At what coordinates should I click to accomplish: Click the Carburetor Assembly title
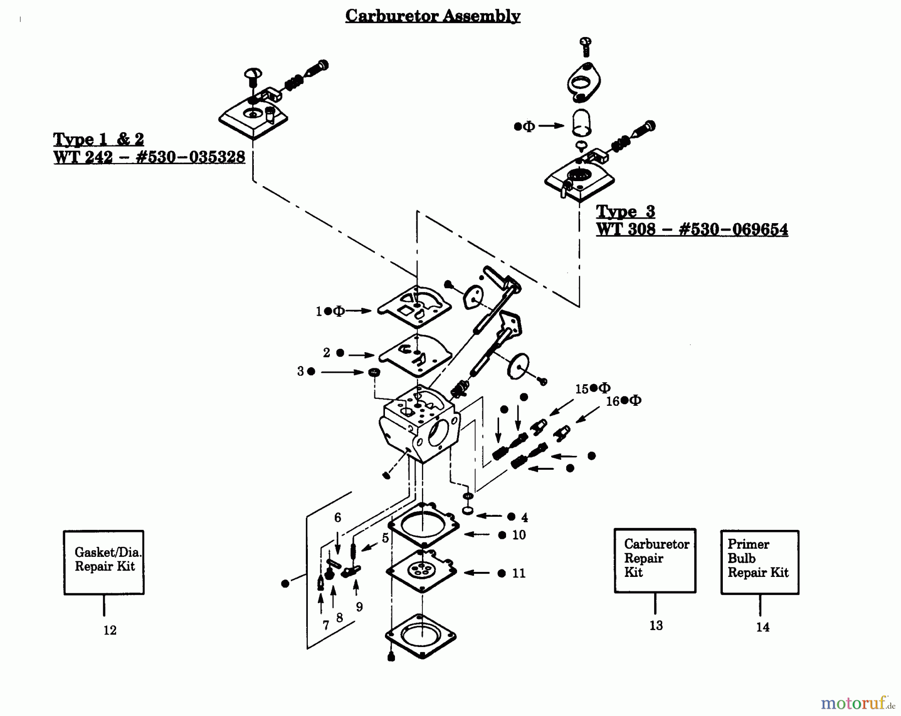(x=432, y=16)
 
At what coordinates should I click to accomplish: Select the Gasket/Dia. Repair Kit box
(x=104, y=562)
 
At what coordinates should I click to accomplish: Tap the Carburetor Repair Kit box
(x=655, y=560)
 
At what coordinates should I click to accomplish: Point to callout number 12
(x=110, y=630)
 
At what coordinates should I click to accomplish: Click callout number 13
(x=656, y=625)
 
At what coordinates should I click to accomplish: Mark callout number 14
(x=763, y=627)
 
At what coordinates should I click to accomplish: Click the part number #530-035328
(x=191, y=157)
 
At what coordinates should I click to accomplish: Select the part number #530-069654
(x=733, y=230)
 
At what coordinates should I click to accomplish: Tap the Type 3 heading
(x=625, y=212)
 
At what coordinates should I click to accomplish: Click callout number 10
(x=519, y=535)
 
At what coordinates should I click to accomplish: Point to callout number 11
(x=519, y=573)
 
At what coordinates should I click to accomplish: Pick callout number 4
(x=525, y=517)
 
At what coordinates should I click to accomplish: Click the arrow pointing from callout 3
(x=342, y=372)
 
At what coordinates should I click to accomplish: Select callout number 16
(x=613, y=401)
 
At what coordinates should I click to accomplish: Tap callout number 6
(x=338, y=518)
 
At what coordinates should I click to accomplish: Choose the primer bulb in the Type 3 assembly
(x=581, y=122)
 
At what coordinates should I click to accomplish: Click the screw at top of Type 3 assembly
(x=585, y=47)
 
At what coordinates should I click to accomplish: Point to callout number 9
(x=359, y=607)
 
